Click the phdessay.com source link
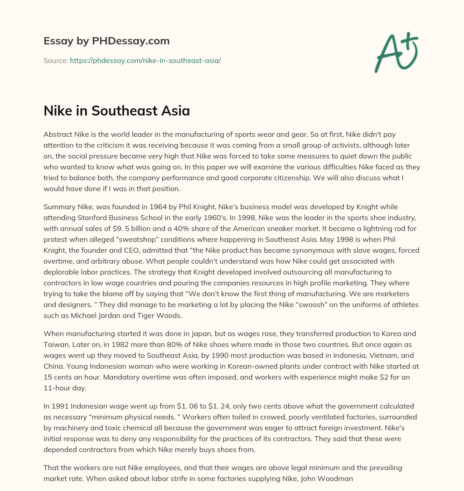pyautogui.click(x=145, y=60)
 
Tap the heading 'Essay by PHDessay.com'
pyautogui.click(x=106, y=41)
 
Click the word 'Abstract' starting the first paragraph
pyautogui.click(x=58, y=134)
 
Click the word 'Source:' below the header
pyautogui.click(x=55, y=60)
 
